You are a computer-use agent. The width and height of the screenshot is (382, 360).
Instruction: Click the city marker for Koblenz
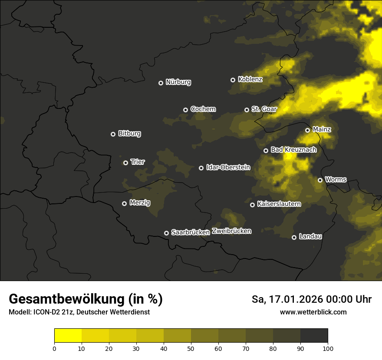pos(233,80)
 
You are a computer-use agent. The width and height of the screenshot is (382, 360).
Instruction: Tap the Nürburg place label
pos(178,82)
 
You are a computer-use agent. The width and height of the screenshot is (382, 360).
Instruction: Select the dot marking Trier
pos(125,163)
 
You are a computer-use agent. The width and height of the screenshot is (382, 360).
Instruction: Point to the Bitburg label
pos(129,134)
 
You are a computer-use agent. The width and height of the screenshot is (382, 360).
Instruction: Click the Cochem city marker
pos(185,110)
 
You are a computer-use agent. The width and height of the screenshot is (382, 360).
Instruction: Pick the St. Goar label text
pos(264,109)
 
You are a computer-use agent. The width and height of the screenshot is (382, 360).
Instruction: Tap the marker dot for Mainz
pos(307,130)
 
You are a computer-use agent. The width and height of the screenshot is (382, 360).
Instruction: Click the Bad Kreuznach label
pos(293,150)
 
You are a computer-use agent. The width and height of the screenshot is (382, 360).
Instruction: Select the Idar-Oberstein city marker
pos(201,168)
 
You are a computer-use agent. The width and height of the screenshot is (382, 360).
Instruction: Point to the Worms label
pos(336,179)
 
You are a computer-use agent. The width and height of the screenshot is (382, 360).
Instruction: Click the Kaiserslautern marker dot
pos(252,205)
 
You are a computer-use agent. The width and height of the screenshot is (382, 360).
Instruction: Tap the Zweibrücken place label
pos(231,231)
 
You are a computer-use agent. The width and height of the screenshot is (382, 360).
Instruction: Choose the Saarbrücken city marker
pos(166,233)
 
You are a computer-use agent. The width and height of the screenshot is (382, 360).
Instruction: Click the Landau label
pos(310,236)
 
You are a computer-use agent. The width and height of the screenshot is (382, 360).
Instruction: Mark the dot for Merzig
pos(124,203)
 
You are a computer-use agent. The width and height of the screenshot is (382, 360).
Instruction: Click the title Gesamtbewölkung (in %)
pos(86,299)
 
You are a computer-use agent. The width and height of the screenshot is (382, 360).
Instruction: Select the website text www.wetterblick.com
pos(313,312)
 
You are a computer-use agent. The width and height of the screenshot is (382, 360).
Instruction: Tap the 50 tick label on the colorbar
pos(191,348)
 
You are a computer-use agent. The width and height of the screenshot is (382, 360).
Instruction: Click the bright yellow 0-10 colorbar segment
pos(68,336)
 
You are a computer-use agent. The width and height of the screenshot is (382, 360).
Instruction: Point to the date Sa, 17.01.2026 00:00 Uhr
pos(311,299)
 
